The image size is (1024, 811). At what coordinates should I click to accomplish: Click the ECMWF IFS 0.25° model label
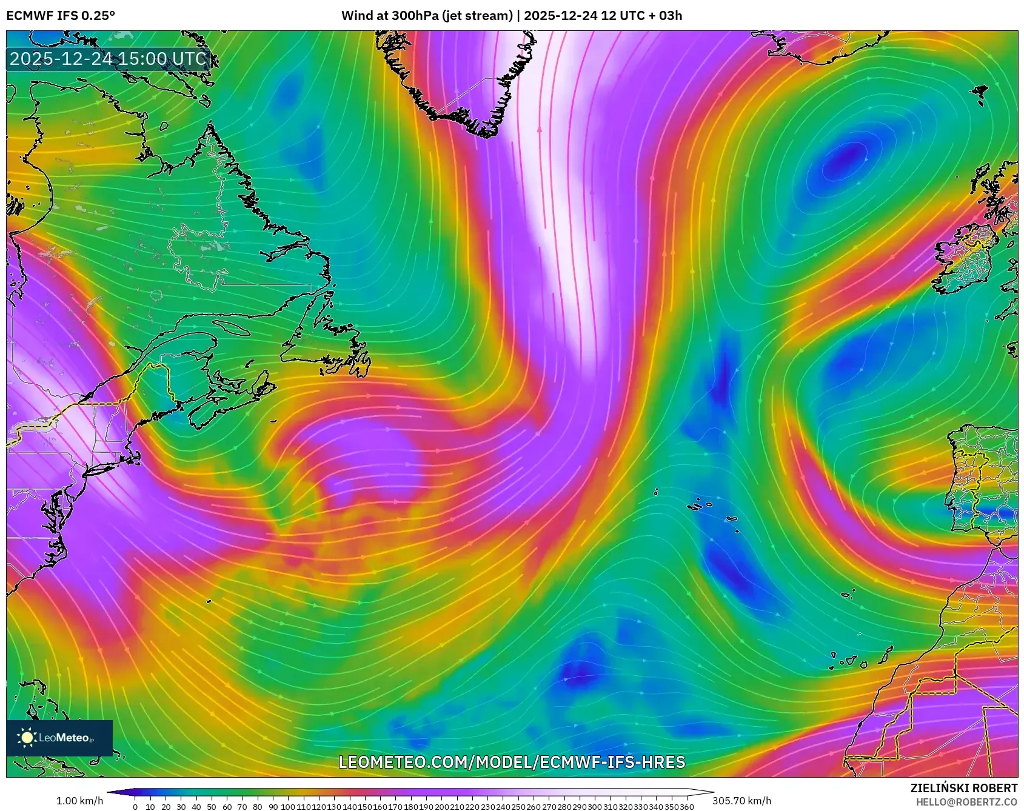61,16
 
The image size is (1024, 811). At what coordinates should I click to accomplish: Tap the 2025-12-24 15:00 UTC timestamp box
108,59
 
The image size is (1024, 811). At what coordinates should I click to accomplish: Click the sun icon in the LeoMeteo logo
27,737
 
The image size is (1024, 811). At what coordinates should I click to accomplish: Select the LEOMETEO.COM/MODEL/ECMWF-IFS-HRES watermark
512,762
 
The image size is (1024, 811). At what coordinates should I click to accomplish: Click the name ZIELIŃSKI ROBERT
963,788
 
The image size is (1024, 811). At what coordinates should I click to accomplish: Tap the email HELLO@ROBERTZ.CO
966,802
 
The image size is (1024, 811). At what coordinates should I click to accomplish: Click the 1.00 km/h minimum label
79,801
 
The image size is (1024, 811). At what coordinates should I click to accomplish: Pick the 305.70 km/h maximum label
741,801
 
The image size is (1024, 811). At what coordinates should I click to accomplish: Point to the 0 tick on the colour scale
135,807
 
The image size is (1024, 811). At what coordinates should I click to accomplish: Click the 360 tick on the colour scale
686,807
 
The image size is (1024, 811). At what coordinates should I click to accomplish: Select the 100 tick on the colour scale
288,807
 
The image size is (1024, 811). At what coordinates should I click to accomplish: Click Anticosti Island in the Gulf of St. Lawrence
230,328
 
